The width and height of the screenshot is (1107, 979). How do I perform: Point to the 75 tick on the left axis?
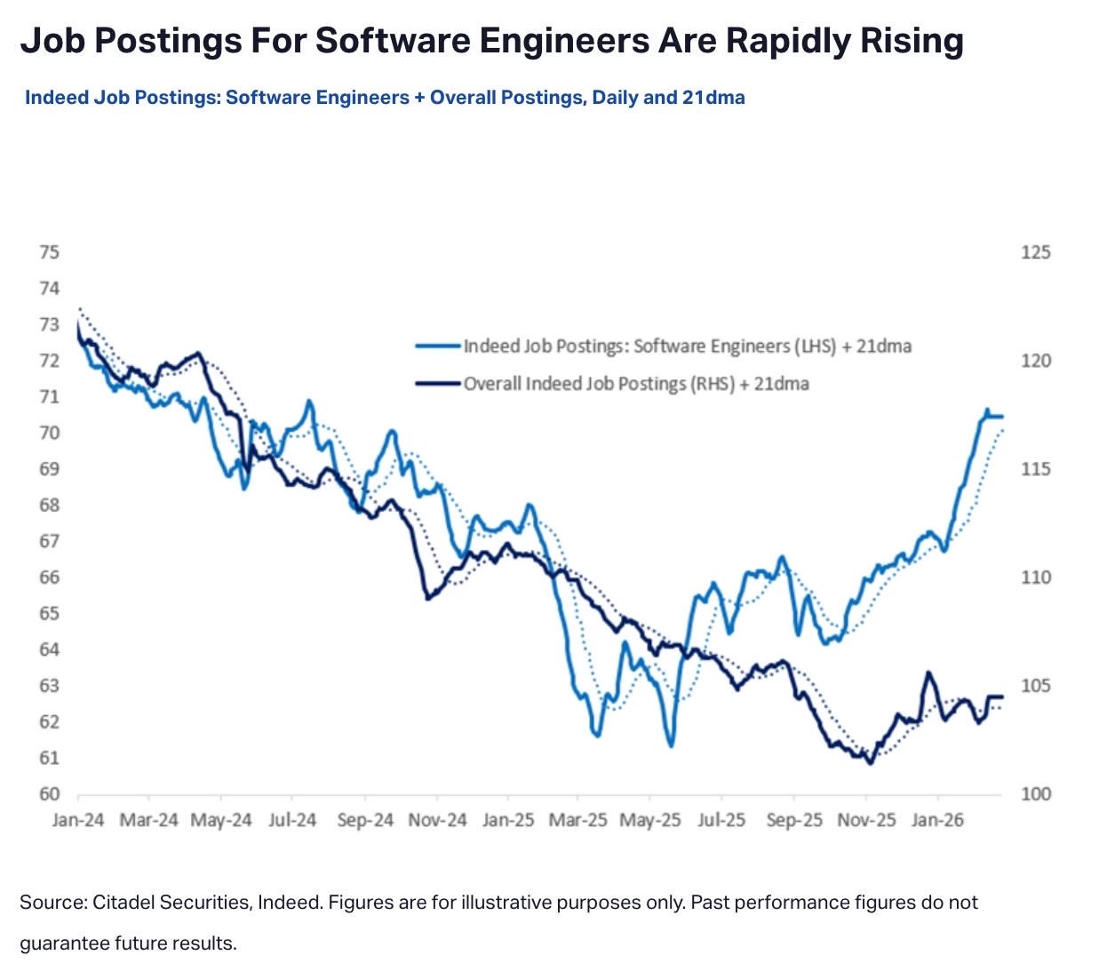49,252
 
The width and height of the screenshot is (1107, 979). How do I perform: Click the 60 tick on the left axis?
49,793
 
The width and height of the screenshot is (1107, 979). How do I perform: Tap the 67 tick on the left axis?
49,541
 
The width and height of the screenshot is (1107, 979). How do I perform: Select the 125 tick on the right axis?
1036,252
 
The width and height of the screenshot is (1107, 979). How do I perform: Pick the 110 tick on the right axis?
1036,577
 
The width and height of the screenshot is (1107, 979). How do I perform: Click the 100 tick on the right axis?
1036,793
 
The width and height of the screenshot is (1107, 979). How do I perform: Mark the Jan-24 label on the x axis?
78,820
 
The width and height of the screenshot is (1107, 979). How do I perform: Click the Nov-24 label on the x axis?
437,820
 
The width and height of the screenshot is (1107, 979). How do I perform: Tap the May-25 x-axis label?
650,820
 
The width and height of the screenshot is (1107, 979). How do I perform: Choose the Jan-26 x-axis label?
937,820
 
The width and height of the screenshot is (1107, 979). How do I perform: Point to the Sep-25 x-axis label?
794,820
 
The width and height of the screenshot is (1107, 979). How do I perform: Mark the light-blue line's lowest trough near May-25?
671,744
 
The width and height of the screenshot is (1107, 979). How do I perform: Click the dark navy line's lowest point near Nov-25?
870,762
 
